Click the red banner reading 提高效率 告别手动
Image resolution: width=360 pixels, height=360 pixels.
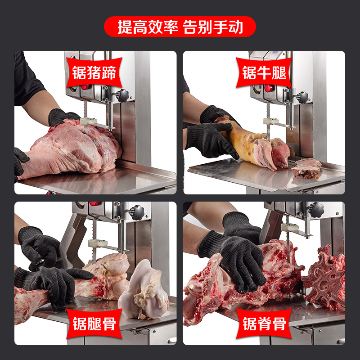coord(180,27)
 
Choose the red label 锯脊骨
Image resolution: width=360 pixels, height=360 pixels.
coord(264,323)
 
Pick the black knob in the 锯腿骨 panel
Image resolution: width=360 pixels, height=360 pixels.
coord(136,211)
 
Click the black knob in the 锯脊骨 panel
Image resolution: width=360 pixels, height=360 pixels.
coord(316,209)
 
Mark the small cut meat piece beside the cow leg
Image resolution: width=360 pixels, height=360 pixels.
coord(306,167)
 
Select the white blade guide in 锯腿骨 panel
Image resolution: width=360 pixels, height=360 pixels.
coord(97,243)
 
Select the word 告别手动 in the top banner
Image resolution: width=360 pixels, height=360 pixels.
coord(213,27)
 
